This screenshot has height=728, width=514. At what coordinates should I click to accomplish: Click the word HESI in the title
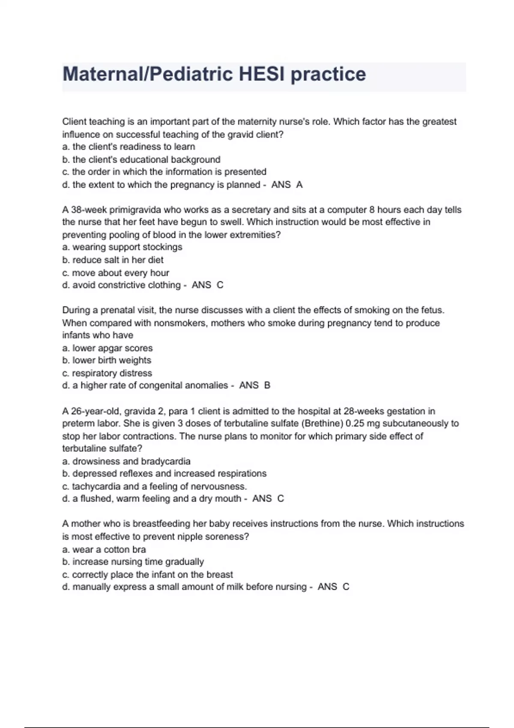pos(261,74)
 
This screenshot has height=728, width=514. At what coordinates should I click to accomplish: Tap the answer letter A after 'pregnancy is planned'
pos(299,185)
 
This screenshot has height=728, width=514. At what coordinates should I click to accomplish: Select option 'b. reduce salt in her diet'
pos(113,260)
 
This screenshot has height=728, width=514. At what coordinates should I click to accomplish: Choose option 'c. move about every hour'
pos(116,273)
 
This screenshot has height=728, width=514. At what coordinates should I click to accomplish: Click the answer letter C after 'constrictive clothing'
pos(220,285)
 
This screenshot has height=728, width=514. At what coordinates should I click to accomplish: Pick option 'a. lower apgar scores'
pos(108,348)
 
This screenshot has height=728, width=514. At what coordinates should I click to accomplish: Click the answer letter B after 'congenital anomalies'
pos(267,385)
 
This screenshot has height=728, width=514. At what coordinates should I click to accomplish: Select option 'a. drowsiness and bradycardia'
pos(126,461)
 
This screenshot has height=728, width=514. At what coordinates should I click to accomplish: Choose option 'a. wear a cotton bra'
pos(104,549)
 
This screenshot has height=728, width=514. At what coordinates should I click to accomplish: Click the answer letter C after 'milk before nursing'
pos(346,587)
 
